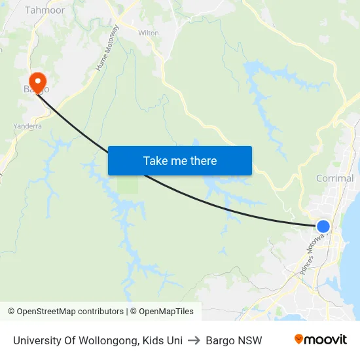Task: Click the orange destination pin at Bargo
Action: [x=38, y=81]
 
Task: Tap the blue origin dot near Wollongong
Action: [x=323, y=226]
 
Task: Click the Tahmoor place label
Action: [x=45, y=10]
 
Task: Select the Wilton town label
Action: [x=149, y=32]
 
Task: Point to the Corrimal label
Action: [x=334, y=178]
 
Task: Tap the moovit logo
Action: [x=320, y=340]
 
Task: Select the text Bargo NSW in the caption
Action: [x=234, y=340]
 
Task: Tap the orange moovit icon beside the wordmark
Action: [x=299, y=339]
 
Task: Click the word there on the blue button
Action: [x=203, y=160]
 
